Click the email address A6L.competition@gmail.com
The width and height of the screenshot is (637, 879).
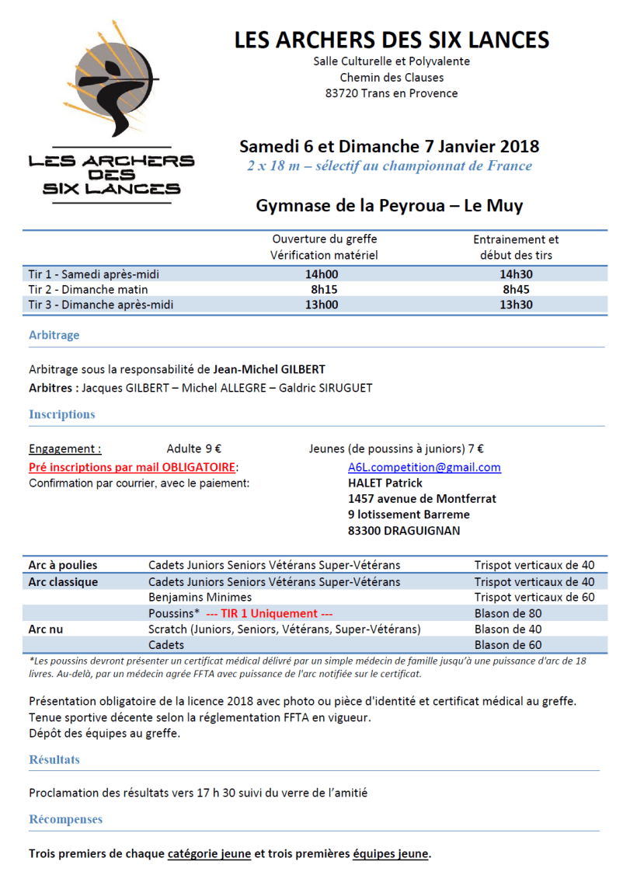(424, 467)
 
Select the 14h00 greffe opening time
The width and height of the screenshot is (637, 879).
(322, 274)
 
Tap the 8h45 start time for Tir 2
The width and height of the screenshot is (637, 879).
(516, 289)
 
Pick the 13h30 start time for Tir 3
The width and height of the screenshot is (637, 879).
(516, 305)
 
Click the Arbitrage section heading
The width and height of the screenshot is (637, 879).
(54, 336)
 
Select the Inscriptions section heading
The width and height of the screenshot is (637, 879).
(61, 414)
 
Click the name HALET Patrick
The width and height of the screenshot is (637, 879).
(385, 483)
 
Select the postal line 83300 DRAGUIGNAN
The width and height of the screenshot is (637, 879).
(404, 531)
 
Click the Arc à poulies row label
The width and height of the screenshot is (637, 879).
(63, 565)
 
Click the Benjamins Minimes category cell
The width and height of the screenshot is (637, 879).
(200, 597)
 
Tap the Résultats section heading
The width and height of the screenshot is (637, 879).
(54, 759)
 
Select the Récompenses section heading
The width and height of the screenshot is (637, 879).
(65, 819)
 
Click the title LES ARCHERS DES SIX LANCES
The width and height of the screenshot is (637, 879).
(392, 40)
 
